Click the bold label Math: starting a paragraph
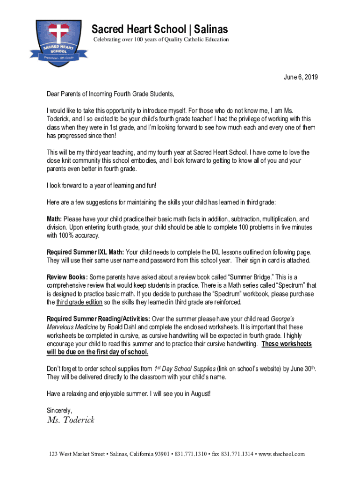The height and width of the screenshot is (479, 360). (x=54, y=219)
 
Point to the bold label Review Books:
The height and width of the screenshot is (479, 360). (x=67, y=277)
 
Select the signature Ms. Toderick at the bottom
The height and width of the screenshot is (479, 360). (x=71, y=420)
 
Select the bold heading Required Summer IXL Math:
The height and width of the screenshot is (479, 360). (x=86, y=252)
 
